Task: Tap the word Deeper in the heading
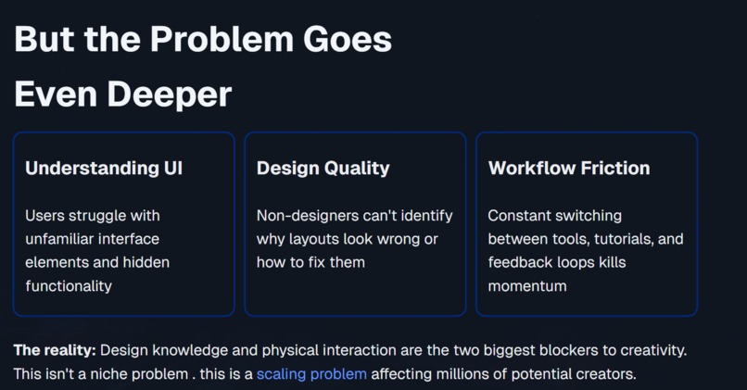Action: [x=171, y=94]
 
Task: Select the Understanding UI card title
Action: [x=104, y=169]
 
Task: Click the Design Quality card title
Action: [x=323, y=169]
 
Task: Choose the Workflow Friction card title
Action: [x=569, y=169]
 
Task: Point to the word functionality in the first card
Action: [x=69, y=286]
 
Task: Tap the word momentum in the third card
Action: [x=527, y=286]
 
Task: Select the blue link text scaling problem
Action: [x=311, y=375]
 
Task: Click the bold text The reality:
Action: [x=55, y=351]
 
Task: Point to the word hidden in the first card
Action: [x=145, y=263]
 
